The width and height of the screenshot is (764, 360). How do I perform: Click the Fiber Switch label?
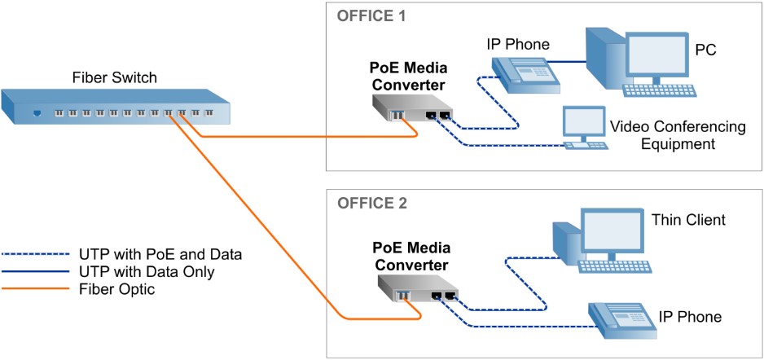[115, 77]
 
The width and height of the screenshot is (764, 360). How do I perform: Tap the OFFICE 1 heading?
[371, 15]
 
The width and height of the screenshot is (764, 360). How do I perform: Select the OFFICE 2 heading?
[371, 203]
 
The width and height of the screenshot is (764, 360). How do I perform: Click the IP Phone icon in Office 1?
[525, 75]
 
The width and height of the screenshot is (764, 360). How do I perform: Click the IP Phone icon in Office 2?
[623, 320]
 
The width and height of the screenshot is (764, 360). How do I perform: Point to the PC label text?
[705, 50]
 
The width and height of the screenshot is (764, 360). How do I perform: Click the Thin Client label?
[688, 220]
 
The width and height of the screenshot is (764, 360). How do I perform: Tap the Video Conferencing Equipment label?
[678, 136]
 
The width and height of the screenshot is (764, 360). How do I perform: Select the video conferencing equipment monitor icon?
[585, 128]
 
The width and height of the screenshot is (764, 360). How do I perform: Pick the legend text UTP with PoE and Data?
[160, 254]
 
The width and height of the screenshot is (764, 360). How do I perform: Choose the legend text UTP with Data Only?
[146, 271]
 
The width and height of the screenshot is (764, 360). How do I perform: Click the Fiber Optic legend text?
[116, 289]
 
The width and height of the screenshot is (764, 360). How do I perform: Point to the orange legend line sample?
[36, 289]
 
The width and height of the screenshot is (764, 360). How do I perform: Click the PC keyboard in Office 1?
[660, 90]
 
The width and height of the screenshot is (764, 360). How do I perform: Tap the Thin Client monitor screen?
[612, 230]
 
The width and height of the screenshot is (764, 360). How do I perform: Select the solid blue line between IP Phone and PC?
[568, 62]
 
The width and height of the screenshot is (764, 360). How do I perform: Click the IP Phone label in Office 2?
[689, 317]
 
